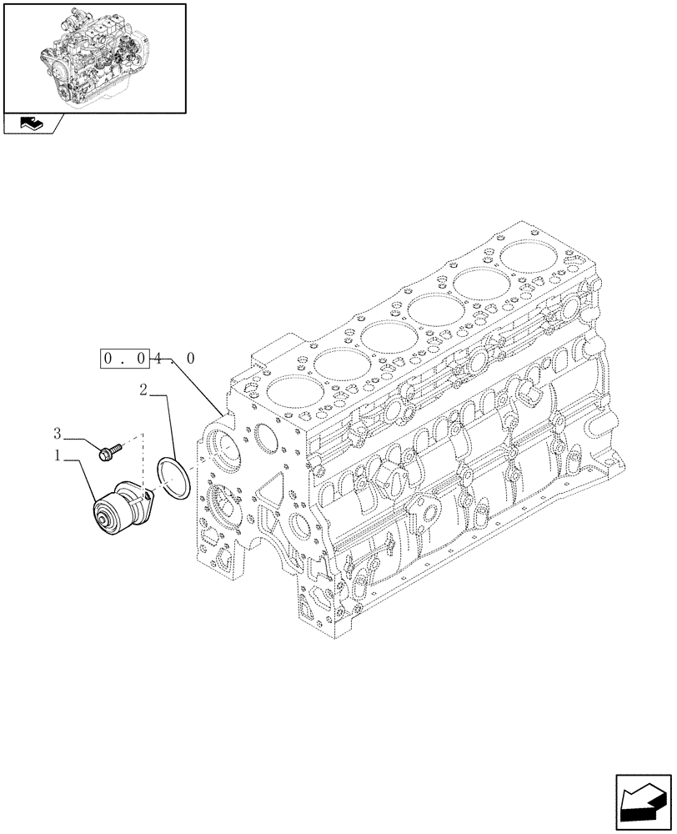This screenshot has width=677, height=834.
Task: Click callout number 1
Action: [x=58, y=455]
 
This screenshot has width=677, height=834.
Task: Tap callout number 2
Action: [x=144, y=389]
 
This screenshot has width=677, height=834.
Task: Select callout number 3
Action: [x=58, y=432]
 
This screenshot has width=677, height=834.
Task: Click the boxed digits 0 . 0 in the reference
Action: [x=126, y=359]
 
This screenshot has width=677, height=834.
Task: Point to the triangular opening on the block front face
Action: [x=272, y=502]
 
